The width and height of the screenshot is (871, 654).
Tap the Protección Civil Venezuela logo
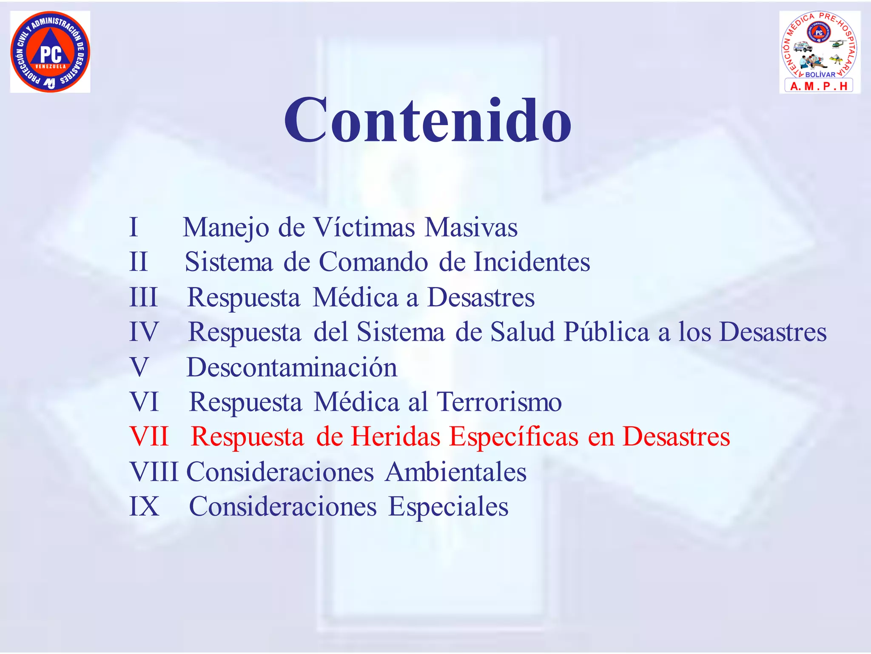[50, 52]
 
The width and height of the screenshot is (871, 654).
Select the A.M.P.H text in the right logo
[819, 86]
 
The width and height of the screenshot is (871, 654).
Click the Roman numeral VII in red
[149, 436]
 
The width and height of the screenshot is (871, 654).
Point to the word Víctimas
[364, 227]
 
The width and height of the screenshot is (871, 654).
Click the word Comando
[373, 262]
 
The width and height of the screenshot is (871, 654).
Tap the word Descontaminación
[292, 367]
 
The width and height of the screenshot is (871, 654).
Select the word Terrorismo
[499, 402]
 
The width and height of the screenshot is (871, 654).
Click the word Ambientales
[456, 472]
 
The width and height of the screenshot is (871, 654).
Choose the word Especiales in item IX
[448, 507]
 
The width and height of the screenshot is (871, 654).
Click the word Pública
[606, 332]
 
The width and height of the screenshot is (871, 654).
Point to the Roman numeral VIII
[154, 472]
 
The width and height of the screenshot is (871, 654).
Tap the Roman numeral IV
[144, 332]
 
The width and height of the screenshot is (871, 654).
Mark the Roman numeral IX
[144, 507]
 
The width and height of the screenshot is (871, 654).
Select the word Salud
[522, 332]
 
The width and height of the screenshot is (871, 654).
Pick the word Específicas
[514, 437]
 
